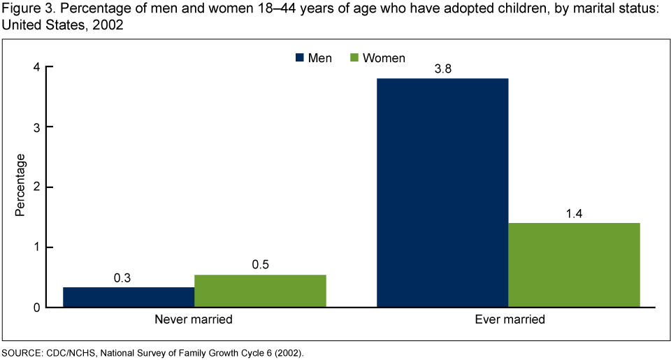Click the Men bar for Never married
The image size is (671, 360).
click(129, 297)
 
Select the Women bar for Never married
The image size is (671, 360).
click(260, 291)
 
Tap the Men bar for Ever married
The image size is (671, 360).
click(442, 192)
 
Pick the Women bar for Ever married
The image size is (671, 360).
click(574, 265)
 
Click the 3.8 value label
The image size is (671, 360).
click(442, 70)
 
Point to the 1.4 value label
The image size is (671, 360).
click(574, 214)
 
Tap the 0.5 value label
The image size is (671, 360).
click(260, 266)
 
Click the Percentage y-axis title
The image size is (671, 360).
click(20, 185)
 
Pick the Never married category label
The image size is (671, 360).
click(194, 321)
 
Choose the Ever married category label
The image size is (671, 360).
click(508, 321)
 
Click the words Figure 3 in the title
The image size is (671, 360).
click(24, 9)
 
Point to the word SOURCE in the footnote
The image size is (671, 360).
click(20, 352)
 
